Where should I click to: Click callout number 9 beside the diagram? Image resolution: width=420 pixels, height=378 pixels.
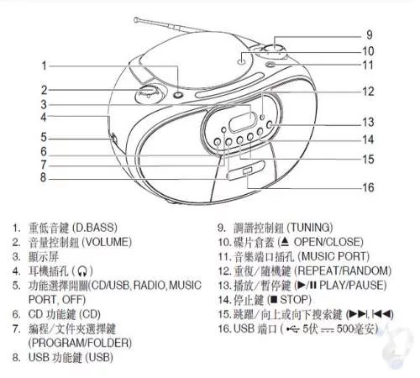[370, 34]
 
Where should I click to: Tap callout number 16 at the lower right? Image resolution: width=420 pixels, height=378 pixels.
[369, 187]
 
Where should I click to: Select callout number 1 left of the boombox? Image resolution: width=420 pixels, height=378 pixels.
[44, 66]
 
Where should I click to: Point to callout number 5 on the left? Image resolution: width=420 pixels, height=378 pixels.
[44, 137]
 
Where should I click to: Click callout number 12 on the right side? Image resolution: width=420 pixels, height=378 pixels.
[368, 92]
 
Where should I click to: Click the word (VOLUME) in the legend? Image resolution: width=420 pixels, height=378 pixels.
[107, 242]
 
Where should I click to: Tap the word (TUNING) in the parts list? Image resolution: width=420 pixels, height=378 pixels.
[310, 228]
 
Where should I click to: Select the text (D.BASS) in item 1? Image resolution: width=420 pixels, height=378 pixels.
[95, 228]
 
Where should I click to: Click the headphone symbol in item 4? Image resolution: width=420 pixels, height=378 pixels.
[82, 271]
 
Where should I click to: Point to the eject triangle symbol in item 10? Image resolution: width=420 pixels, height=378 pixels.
[285, 242]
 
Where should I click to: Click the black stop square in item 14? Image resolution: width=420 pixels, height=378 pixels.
[275, 300]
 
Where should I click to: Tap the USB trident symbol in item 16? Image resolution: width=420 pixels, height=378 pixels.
[293, 329]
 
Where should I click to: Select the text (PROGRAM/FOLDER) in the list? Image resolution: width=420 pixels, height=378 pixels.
[80, 343]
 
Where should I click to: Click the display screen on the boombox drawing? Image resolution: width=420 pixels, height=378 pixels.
[243, 122]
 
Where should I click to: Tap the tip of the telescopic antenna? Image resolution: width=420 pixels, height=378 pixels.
[136, 19]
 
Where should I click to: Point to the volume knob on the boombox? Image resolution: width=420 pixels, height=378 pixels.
[147, 92]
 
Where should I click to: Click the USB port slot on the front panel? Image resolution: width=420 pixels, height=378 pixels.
[248, 171]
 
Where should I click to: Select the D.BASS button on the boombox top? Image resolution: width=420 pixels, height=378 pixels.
[178, 94]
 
